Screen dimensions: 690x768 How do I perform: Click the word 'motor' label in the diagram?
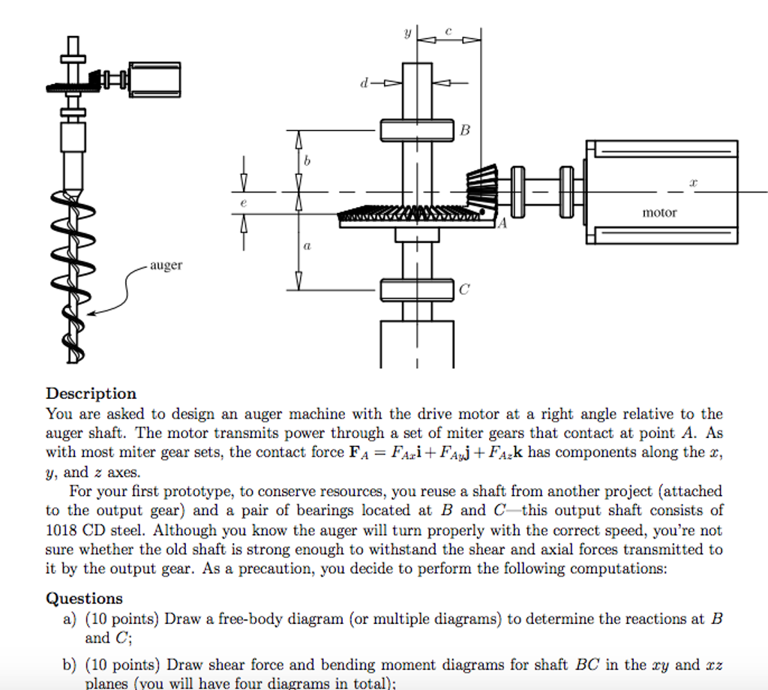coord(659,213)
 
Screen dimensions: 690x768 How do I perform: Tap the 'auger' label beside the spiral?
coord(166,265)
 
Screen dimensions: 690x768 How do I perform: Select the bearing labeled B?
coord(417,130)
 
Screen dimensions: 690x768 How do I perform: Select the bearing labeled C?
coord(417,289)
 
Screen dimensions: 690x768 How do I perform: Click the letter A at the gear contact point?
coord(502,223)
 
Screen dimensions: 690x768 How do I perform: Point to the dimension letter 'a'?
coord(307,245)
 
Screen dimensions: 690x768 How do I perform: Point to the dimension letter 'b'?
coord(307,160)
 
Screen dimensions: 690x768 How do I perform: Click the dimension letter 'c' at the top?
coord(448,31)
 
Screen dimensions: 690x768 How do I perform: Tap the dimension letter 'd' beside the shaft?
coord(364,83)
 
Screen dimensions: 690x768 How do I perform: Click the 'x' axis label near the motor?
coord(693,182)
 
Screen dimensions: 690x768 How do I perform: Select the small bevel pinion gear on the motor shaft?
coord(481,188)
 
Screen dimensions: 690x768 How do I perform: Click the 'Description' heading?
coord(91,394)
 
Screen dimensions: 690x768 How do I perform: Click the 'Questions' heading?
coord(84,598)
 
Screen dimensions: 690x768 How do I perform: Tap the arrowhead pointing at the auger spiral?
coord(91,313)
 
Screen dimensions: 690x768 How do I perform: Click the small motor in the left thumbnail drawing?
coord(154,79)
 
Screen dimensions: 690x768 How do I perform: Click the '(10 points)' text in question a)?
coord(122,619)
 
